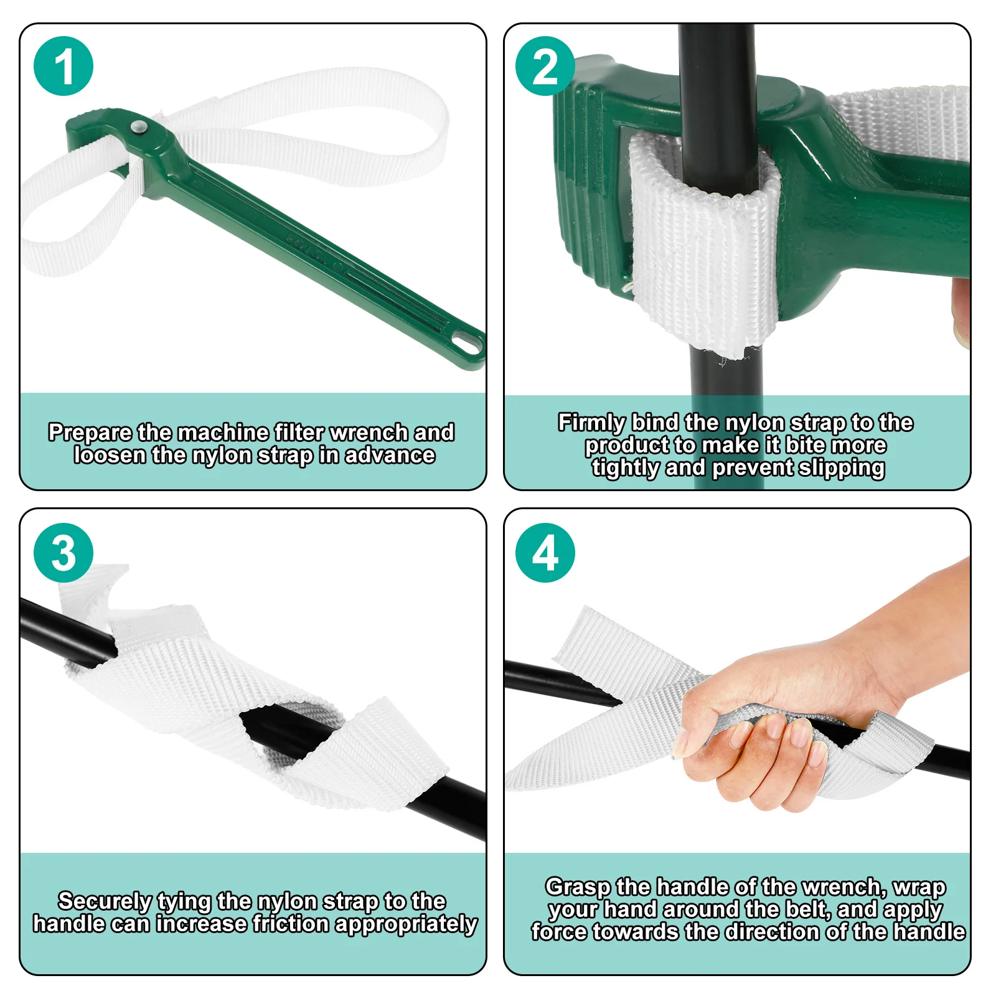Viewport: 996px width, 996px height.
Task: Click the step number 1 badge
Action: (63, 66)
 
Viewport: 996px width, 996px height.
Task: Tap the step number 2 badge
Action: (545, 66)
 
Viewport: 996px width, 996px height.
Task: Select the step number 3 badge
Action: (63, 553)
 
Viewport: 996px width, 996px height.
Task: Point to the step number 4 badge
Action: (545, 553)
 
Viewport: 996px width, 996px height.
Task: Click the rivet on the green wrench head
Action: (138, 128)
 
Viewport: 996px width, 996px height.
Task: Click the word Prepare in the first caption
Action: (90, 433)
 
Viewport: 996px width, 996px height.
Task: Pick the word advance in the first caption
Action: (390, 456)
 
